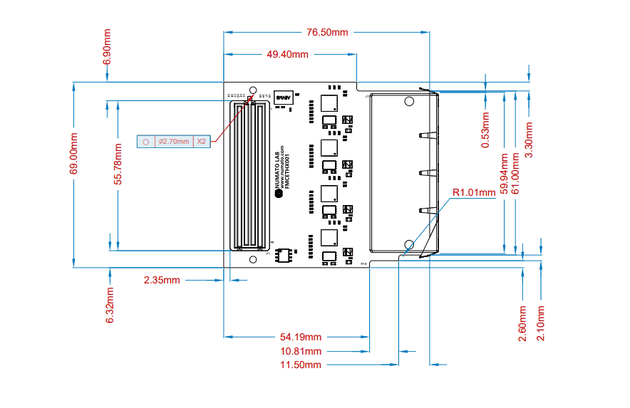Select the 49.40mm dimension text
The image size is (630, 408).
tap(287, 54)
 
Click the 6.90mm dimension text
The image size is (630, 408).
tap(108, 47)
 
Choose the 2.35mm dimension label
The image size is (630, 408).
tap(162, 280)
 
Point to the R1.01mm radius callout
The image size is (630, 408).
tap(474, 192)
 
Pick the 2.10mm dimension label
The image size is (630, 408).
tap(541, 323)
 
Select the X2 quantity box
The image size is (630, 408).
tap(202, 142)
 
